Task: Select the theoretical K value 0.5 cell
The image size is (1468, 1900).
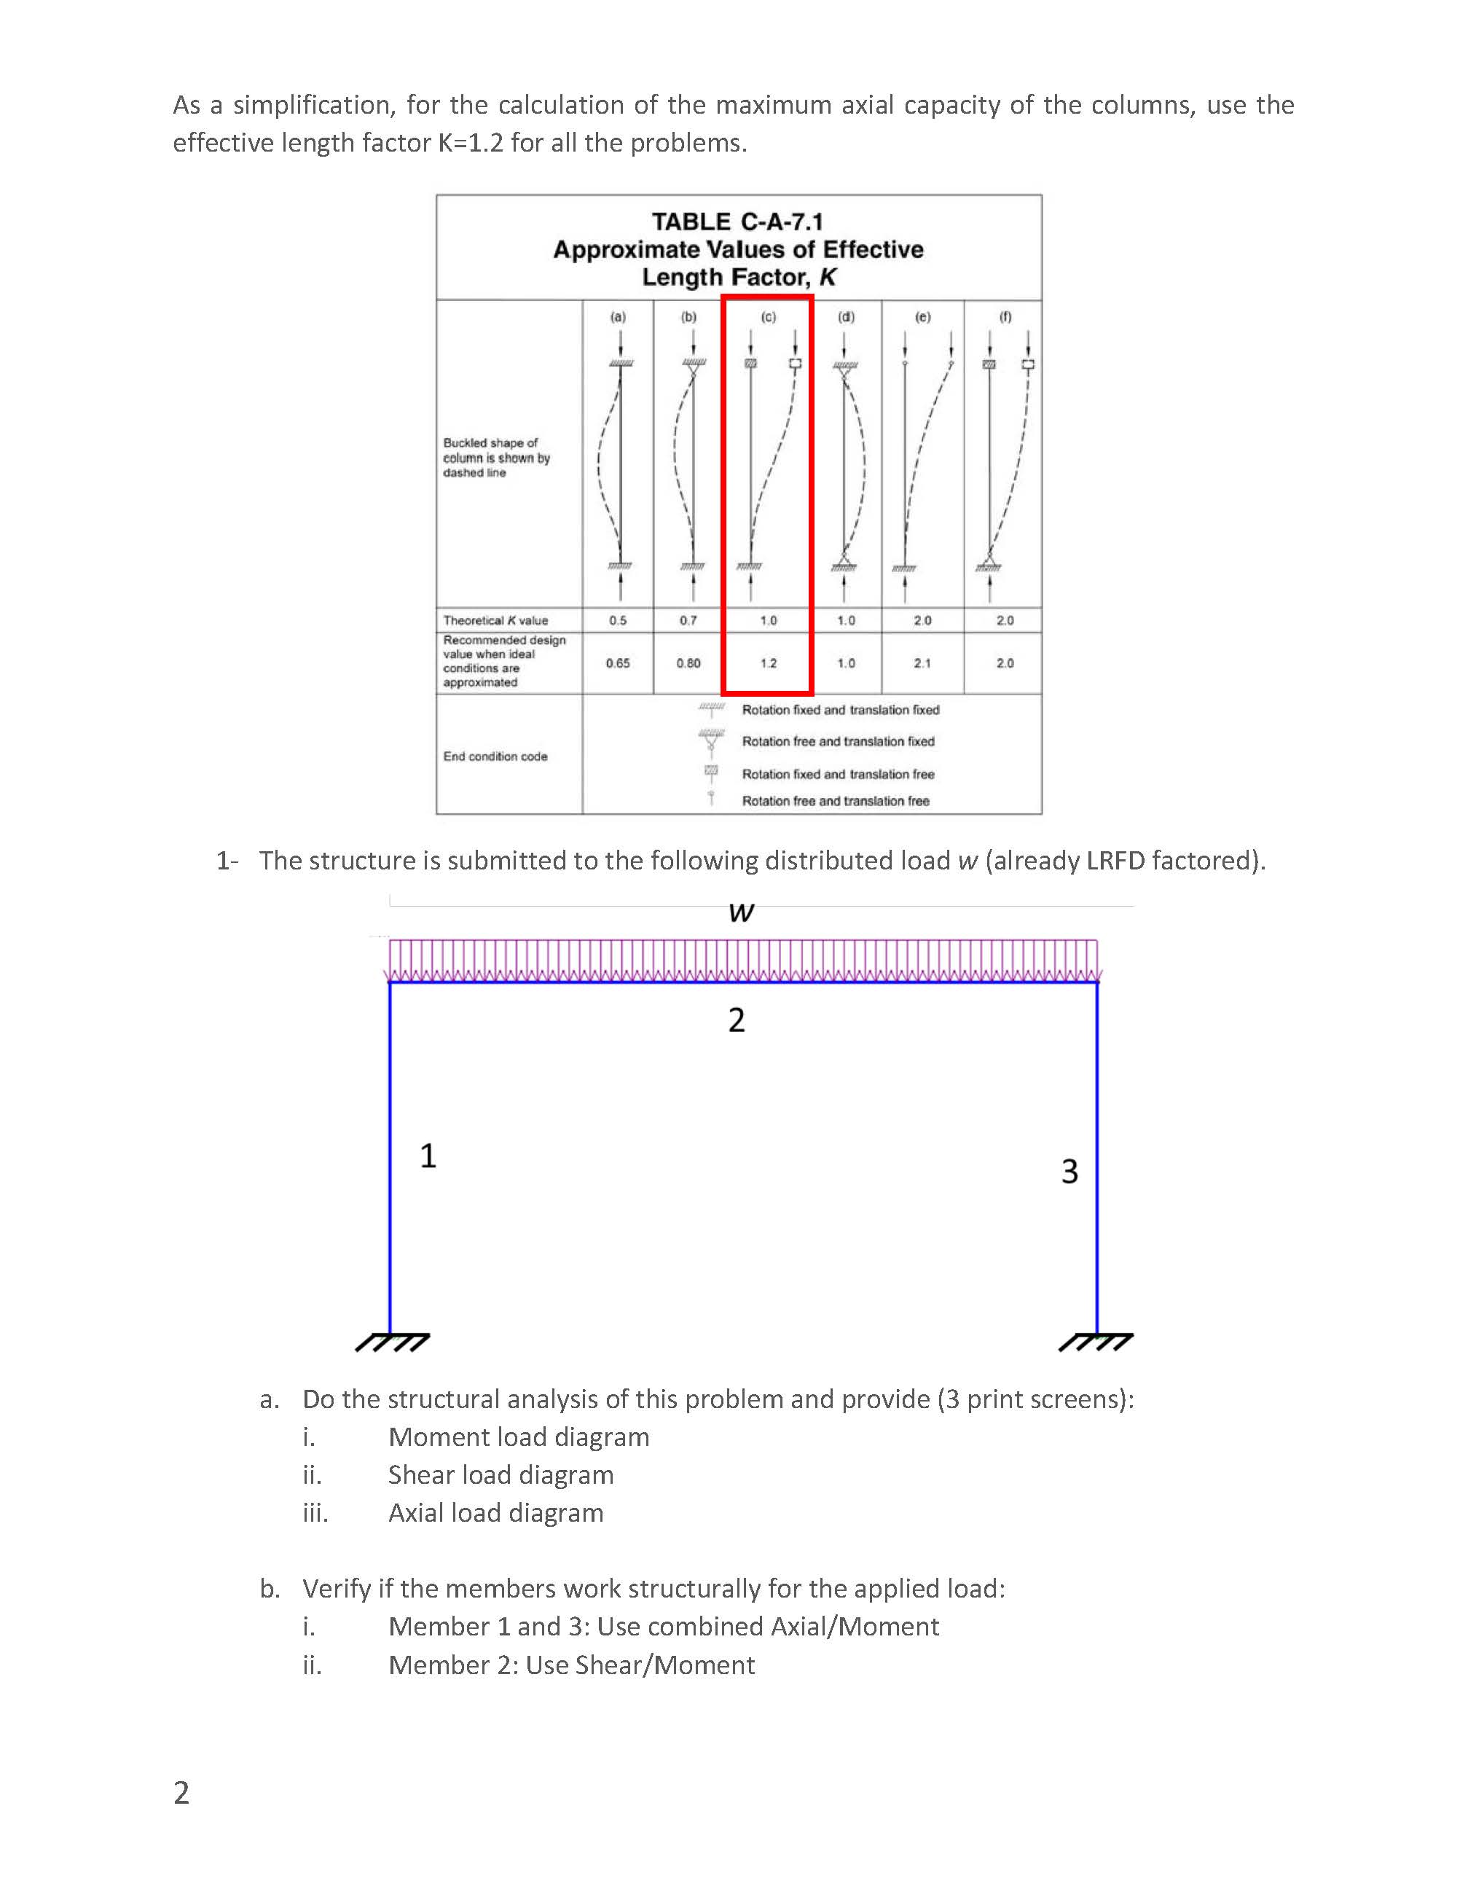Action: coord(618,620)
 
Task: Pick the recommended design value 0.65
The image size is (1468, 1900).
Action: coord(618,663)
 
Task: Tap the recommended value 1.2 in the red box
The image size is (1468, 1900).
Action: coord(768,663)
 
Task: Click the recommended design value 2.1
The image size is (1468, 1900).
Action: coord(922,663)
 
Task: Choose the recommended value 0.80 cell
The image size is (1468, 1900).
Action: coord(688,663)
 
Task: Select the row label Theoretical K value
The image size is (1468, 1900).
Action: coord(495,620)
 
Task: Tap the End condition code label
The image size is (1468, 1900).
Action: coord(495,756)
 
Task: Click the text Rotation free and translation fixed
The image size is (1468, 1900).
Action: coord(838,741)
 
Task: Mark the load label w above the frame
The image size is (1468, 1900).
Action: coord(741,912)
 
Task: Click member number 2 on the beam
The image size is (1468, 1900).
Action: coord(737,1020)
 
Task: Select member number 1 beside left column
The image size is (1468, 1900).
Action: coord(428,1155)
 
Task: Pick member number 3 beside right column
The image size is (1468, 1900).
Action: coord(1069,1171)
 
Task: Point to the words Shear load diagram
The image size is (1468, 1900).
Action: coord(501,1474)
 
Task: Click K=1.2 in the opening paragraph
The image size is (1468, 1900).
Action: coord(471,143)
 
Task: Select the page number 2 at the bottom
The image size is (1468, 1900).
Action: coord(181,1793)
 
